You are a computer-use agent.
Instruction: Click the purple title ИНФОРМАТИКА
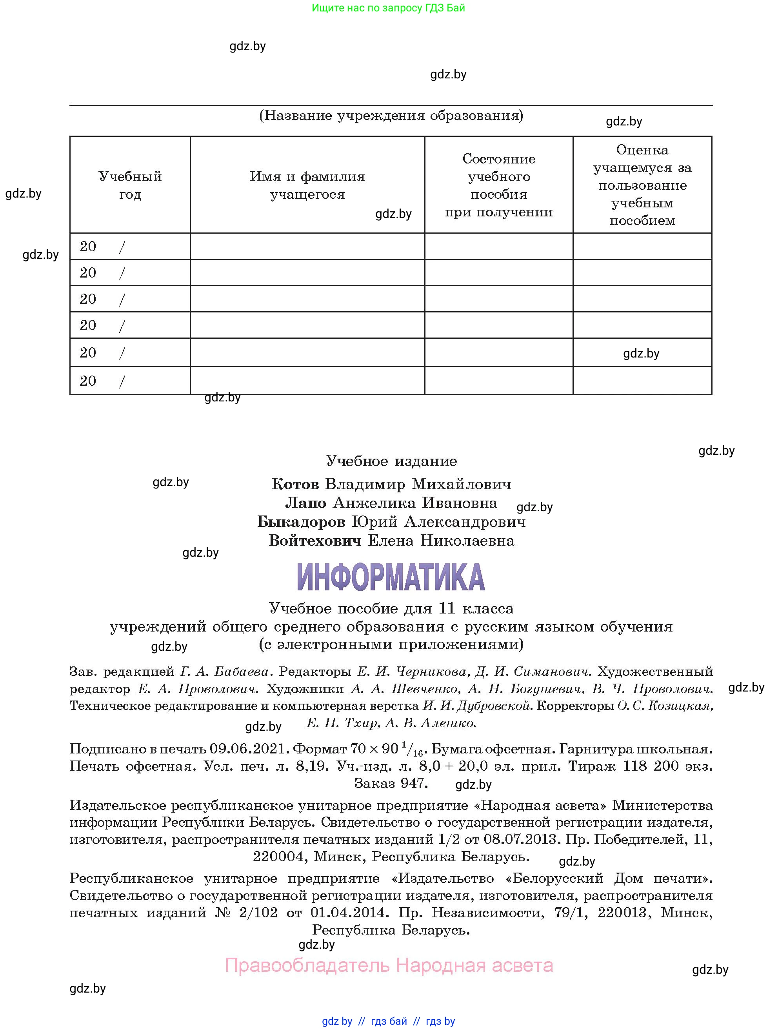[391, 577]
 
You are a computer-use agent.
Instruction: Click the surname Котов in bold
[294, 484]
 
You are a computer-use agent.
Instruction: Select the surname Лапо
[305, 503]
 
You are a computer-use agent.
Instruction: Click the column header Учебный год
[130, 185]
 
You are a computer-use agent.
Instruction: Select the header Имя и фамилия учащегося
[307, 185]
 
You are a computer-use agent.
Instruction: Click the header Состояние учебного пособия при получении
[498, 185]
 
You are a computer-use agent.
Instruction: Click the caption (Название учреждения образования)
[391, 116]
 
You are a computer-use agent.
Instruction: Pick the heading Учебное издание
[391, 461]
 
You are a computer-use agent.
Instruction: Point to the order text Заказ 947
[391, 783]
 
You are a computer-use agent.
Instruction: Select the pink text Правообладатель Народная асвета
[389, 965]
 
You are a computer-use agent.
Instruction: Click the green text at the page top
[388, 8]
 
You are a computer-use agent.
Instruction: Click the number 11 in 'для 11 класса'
[446, 608]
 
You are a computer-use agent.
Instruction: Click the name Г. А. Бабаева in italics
[225, 672]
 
